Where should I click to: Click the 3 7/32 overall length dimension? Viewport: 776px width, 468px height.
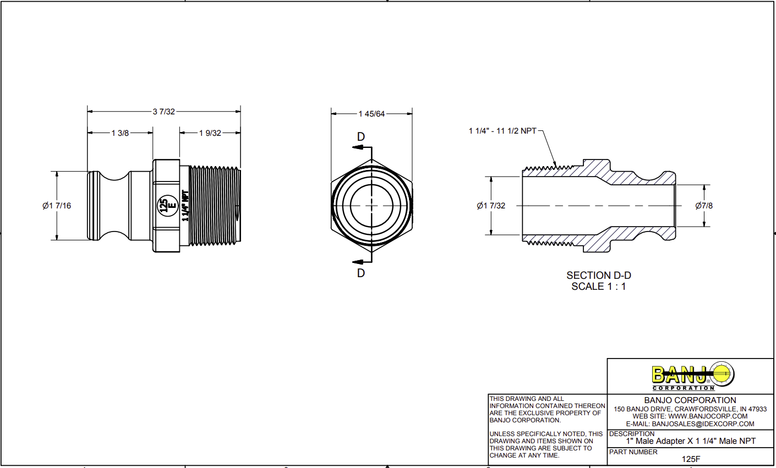point(163,112)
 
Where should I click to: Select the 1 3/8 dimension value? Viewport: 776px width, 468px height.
point(120,133)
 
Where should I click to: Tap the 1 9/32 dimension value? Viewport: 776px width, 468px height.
point(210,133)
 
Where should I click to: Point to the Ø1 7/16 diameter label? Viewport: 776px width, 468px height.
point(57,206)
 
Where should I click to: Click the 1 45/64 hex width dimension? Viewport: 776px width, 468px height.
point(371,114)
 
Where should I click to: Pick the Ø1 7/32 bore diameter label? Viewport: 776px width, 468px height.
point(491,206)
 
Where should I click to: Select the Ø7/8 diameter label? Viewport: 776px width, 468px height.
point(704,206)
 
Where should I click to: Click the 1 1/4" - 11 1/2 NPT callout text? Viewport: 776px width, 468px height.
point(502,131)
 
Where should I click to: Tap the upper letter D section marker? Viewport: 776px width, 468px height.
point(361,137)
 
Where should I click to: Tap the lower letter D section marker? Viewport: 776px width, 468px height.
point(361,273)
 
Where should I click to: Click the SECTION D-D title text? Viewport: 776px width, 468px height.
point(599,276)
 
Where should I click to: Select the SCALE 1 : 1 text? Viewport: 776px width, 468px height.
point(599,287)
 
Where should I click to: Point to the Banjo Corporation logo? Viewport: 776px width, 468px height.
point(691,376)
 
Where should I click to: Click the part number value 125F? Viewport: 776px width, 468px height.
point(691,459)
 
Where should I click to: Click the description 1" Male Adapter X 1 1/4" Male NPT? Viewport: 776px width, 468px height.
point(691,441)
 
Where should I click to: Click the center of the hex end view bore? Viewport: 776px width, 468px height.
point(371,205)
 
